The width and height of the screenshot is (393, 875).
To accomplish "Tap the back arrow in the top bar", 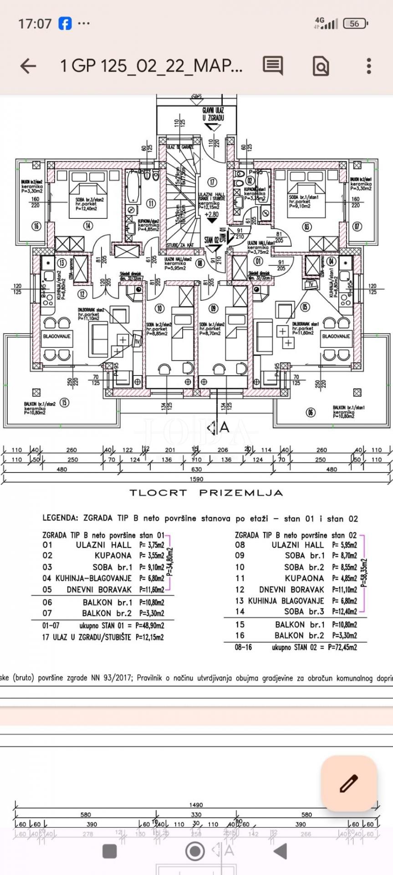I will [28, 66].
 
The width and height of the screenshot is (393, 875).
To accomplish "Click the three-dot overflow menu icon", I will [369, 66].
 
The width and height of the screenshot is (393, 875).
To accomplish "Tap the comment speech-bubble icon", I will [273, 66].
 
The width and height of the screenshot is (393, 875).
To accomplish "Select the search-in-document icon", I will [321, 67].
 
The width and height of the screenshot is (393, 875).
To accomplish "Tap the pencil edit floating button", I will [349, 783].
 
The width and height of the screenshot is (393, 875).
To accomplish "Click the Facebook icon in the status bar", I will [65, 23].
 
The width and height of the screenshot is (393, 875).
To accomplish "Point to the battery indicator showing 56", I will [355, 24].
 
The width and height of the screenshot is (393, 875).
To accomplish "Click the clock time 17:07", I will [35, 24].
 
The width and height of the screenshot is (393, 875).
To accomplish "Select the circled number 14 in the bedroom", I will [87, 226].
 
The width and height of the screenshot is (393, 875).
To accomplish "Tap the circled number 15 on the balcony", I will [65, 402].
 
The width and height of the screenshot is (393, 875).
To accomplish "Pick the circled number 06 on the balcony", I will [311, 412].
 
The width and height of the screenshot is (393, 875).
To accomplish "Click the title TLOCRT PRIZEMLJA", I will [206, 493].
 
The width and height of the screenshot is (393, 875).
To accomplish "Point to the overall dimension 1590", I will [196, 479].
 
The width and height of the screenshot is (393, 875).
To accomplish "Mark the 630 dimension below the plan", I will [196, 469].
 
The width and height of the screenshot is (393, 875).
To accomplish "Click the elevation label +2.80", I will [212, 214].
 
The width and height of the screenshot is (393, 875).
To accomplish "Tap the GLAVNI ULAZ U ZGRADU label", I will [213, 114].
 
